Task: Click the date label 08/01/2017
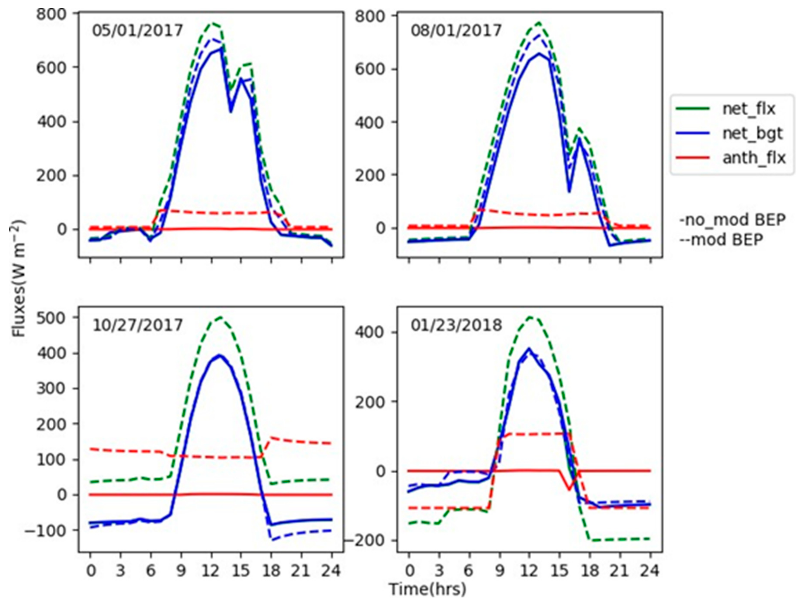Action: point(456,30)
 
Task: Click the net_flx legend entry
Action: point(749,109)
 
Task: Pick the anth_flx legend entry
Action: point(754,158)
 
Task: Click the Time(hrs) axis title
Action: point(427,589)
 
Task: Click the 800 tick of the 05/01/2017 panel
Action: point(52,14)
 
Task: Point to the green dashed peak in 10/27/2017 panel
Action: point(220,317)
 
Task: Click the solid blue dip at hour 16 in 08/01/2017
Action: point(569,192)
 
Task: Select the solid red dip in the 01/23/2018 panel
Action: point(569,490)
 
